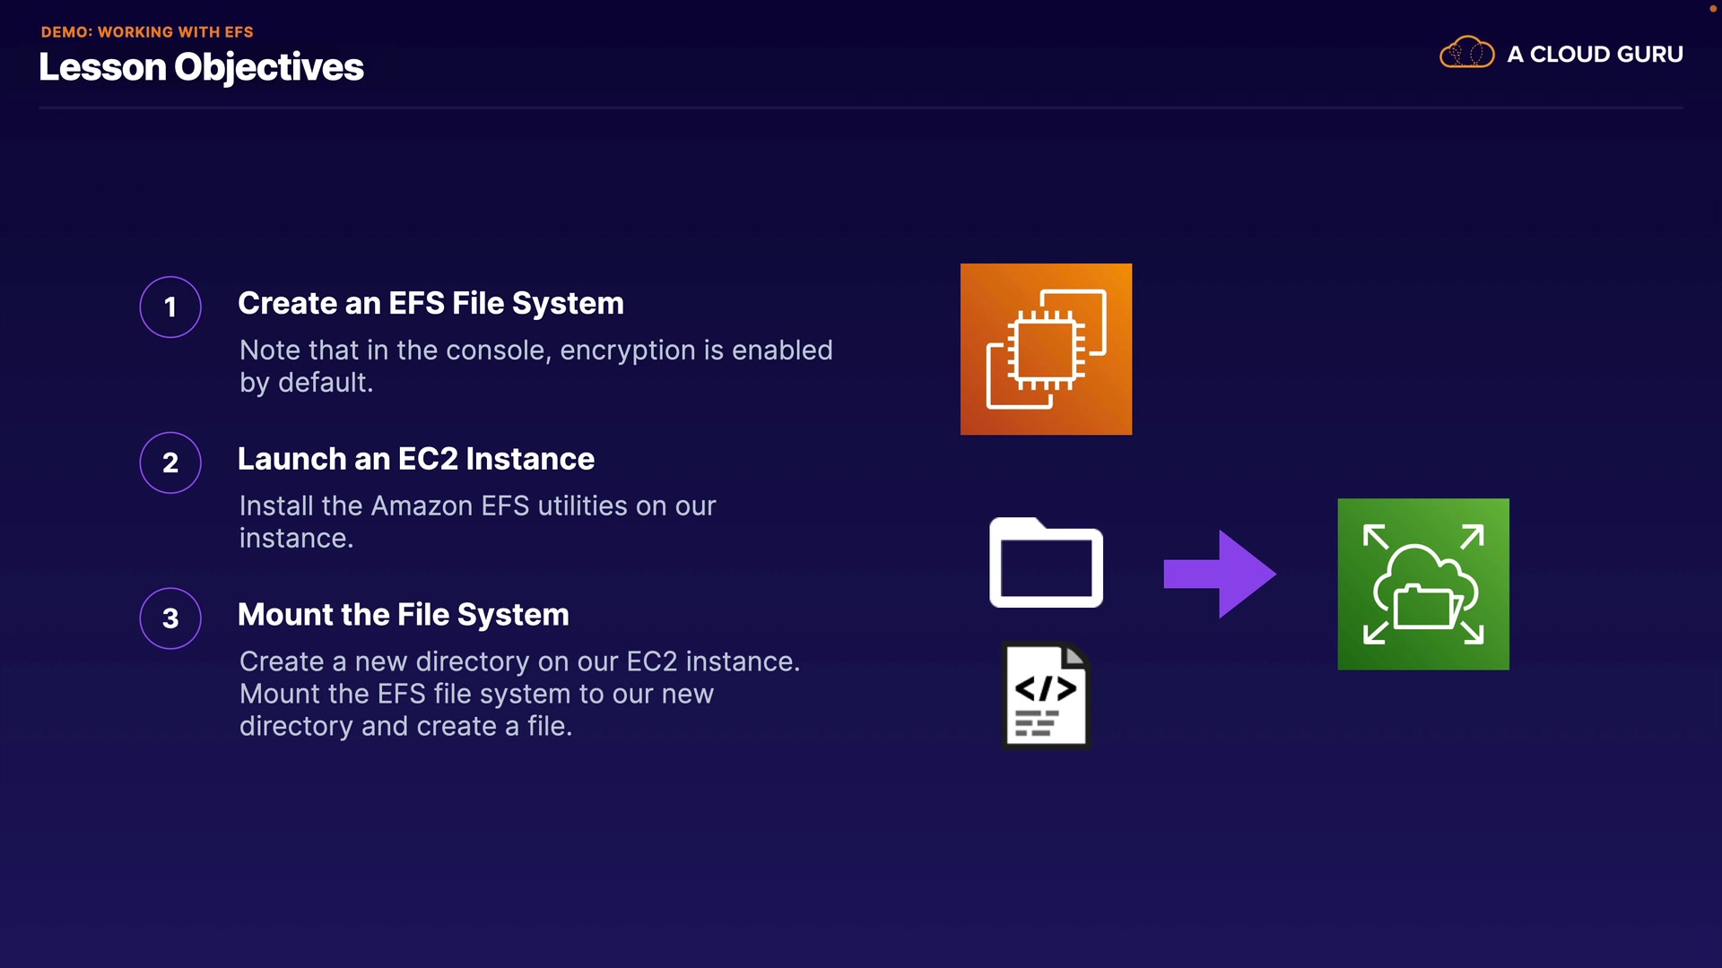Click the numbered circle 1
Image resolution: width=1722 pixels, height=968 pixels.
[x=170, y=307]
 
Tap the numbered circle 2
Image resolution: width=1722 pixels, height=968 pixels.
[x=170, y=462]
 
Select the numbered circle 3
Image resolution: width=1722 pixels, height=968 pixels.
[x=170, y=618]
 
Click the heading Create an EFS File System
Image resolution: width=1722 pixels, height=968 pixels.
[x=430, y=303]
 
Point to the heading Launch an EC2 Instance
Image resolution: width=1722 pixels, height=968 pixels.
[x=415, y=459]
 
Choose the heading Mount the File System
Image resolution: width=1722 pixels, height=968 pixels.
[x=403, y=615]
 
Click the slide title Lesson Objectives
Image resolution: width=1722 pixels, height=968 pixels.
[x=201, y=67]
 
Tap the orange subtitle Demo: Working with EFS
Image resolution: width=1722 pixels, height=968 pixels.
[x=147, y=31]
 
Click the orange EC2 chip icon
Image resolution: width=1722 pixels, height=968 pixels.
[x=1046, y=350]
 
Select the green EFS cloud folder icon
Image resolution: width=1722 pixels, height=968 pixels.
[x=1423, y=584]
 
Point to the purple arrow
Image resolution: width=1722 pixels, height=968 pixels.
[x=1220, y=575]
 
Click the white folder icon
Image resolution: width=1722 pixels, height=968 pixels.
[x=1046, y=563]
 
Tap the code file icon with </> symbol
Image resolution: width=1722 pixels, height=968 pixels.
[x=1046, y=696]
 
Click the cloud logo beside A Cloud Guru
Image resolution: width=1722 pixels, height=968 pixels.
[x=1466, y=53]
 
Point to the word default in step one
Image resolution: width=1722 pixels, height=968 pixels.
[x=325, y=383]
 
